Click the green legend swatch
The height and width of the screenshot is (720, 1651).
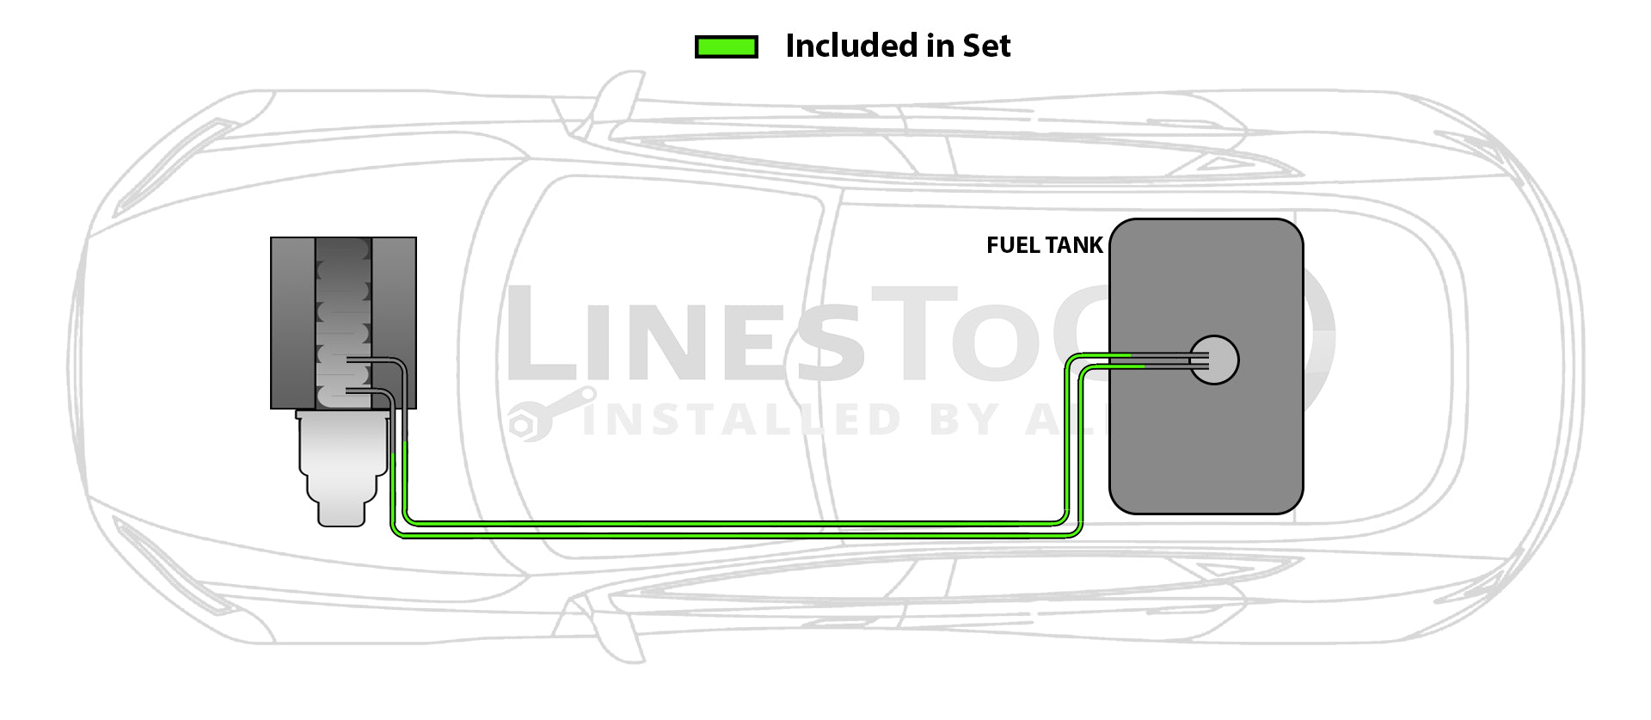pos(726,46)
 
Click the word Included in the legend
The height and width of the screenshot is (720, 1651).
pos(851,46)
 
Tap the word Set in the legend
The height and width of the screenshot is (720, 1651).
pos(986,46)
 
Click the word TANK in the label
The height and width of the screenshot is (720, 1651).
pos(1074,245)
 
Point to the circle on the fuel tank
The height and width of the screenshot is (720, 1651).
pos(1214,360)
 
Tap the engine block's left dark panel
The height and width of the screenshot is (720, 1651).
pos(292,323)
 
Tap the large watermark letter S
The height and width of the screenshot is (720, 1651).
pos(829,340)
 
